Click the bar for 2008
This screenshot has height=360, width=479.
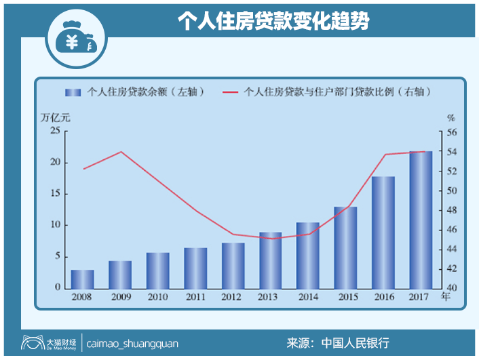pyautogui.click(x=82, y=279)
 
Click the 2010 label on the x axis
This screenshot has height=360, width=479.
pyautogui.click(x=157, y=296)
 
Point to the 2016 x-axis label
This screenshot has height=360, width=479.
pyautogui.click(x=383, y=296)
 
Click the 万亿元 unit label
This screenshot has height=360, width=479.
pyautogui.click(x=55, y=117)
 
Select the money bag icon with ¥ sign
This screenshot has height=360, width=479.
pyautogui.click(x=75, y=41)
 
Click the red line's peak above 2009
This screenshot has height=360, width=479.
pyautogui.click(x=120, y=151)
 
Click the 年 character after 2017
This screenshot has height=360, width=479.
pyautogui.click(x=446, y=296)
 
